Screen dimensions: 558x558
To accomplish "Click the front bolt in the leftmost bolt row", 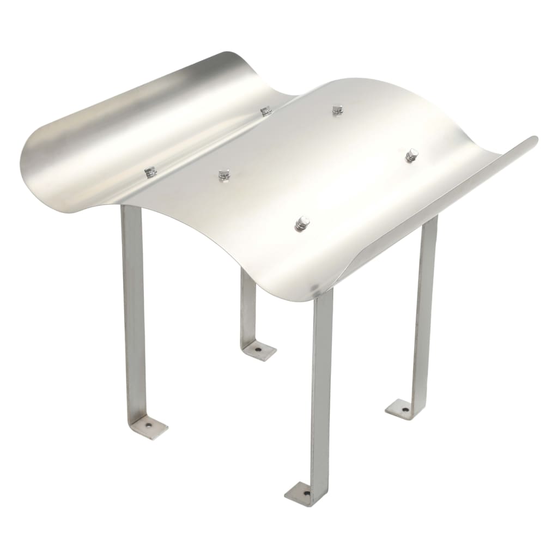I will click(x=150, y=172).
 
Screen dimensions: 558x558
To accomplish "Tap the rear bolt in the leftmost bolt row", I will click(x=266, y=111).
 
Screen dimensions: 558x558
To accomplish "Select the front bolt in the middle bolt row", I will click(x=224, y=175).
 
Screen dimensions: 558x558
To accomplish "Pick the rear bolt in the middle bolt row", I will click(x=338, y=110).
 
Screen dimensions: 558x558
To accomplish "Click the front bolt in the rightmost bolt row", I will click(x=302, y=223).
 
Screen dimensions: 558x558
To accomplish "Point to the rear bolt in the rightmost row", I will click(x=412, y=155).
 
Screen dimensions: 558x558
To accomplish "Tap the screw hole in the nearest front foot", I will click(x=306, y=494).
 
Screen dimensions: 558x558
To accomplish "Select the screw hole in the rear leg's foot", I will click(x=258, y=349).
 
